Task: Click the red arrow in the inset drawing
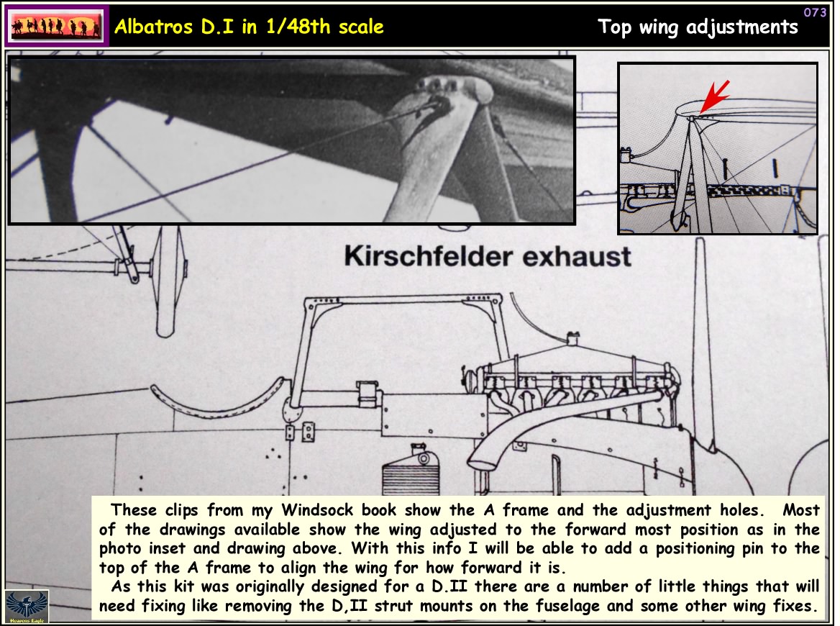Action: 715,97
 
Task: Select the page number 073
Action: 815,12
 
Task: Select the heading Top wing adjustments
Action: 698,27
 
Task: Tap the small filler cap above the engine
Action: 573,336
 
